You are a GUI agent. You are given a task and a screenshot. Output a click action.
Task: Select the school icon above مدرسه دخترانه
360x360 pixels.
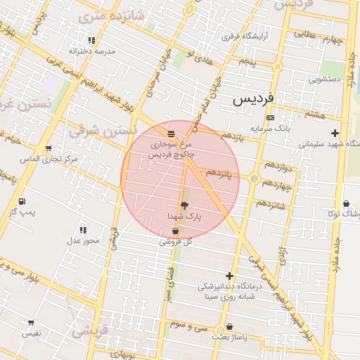point(92,41)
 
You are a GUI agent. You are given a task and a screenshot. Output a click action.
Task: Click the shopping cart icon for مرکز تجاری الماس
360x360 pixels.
point(49,148)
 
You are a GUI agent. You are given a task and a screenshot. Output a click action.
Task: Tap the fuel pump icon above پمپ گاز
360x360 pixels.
point(22,201)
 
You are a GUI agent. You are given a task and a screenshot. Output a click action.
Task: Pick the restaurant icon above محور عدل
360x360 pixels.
point(84,230)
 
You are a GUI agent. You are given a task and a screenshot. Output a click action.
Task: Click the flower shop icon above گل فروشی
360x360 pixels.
point(175,231)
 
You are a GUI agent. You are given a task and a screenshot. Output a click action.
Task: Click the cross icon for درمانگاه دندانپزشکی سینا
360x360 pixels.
point(229,276)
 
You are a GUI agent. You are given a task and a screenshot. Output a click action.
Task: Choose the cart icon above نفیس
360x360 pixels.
point(31,322)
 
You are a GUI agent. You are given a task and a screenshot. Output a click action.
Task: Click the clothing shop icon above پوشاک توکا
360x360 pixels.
point(346,204)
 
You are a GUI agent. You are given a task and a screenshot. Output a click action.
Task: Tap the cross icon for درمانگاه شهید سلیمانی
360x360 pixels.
point(335,133)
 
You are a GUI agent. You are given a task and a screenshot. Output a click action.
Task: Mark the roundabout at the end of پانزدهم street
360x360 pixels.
point(254,179)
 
